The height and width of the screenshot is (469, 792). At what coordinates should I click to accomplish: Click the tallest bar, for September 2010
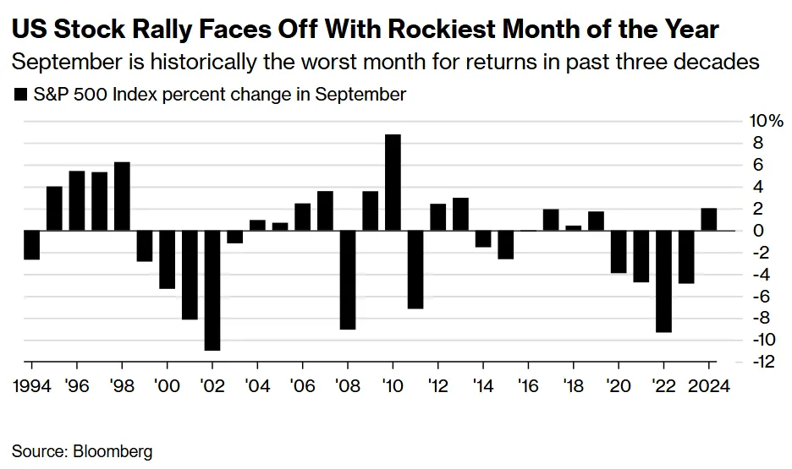click(x=393, y=182)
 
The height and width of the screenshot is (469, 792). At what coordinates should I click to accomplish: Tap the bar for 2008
click(x=347, y=280)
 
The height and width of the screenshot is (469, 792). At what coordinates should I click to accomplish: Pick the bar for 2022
click(x=663, y=281)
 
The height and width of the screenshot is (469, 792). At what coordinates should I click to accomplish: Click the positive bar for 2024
click(x=709, y=219)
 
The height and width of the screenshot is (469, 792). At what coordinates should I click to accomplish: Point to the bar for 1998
click(x=122, y=196)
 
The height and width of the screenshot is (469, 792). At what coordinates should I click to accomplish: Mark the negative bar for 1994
click(x=31, y=244)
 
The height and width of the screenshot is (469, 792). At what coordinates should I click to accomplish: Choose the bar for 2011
click(x=415, y=269)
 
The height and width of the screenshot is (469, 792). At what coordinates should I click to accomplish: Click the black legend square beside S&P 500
click(x=20, y=94)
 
